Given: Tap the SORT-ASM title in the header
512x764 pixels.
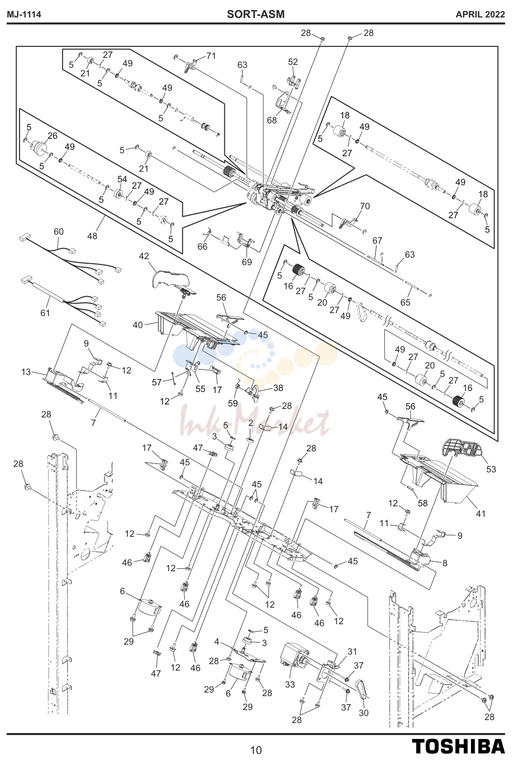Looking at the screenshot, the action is tap(255, 14).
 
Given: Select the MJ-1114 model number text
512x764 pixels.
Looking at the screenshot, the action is tap(24, 14).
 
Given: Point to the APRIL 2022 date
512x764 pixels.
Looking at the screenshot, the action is tap(480, 14).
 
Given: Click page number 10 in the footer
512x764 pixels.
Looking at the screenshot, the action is tap(256, 750).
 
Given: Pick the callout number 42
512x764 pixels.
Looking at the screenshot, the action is tap(144, 256).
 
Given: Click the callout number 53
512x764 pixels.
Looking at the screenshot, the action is tap(491, 469).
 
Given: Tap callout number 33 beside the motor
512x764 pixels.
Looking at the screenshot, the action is tap(290, 684).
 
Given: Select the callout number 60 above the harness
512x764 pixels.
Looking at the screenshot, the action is tap(58, 232).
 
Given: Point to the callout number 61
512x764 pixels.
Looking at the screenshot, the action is tap(45, 313).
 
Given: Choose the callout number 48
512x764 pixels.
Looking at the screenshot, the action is tap(92, 236).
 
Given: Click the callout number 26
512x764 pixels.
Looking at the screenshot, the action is tap(52, 136).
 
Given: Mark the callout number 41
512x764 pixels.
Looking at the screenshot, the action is tap(481, 513).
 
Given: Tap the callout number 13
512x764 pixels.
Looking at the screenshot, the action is tap(26, 372).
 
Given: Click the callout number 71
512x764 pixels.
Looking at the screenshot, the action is tap(211, 55).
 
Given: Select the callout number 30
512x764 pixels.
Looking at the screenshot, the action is tap(364, 713).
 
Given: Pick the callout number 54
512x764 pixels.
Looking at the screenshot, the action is tap(122, 179).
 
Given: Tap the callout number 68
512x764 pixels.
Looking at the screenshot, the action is tap(272, 120).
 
